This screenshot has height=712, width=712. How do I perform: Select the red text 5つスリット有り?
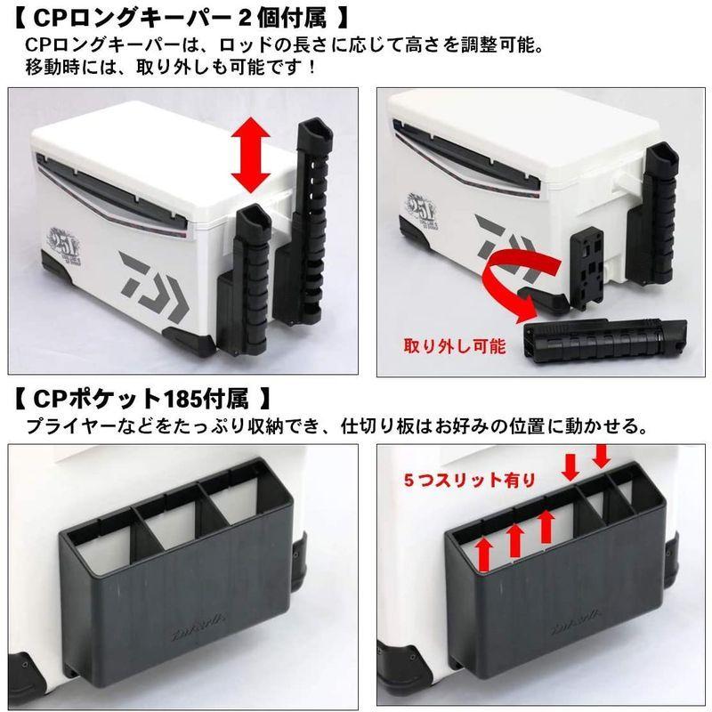[x=470, y=480]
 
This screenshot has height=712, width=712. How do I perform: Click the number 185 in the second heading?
[x=192, y=393]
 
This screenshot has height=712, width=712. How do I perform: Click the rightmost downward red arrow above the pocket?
[x=601, y=456]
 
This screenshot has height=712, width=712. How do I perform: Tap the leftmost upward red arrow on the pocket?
[x=484, y=552]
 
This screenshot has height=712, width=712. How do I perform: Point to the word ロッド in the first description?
[x=268, y=44]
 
